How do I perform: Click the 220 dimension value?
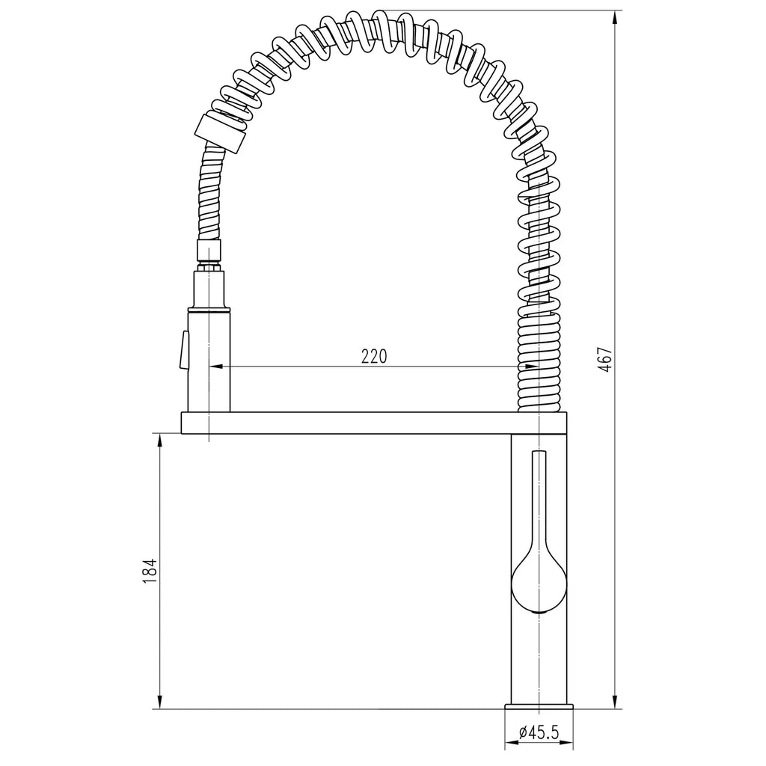374,356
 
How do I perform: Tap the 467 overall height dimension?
605,360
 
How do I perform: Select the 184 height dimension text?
150,570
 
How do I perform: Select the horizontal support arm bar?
374,423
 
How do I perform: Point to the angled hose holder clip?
220,133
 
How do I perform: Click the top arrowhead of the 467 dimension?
614,17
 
